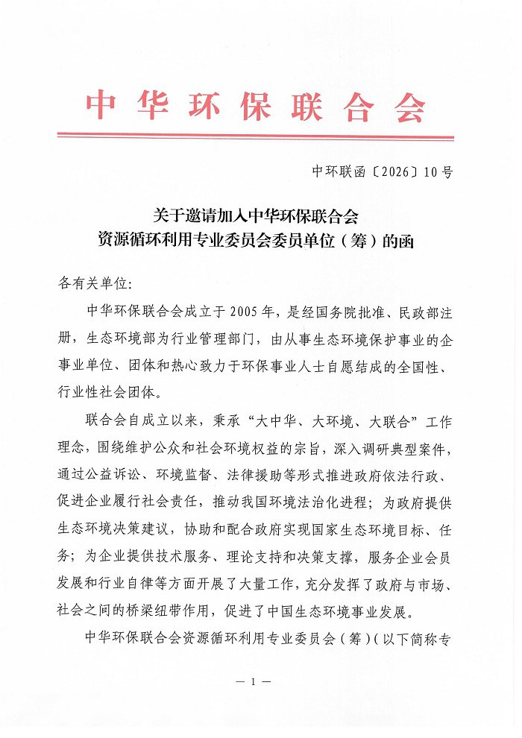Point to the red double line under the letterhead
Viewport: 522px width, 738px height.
[x=256, y=136]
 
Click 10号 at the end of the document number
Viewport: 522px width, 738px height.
[x=437, y=173]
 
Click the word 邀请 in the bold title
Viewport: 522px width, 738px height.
[x=193, y=217]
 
